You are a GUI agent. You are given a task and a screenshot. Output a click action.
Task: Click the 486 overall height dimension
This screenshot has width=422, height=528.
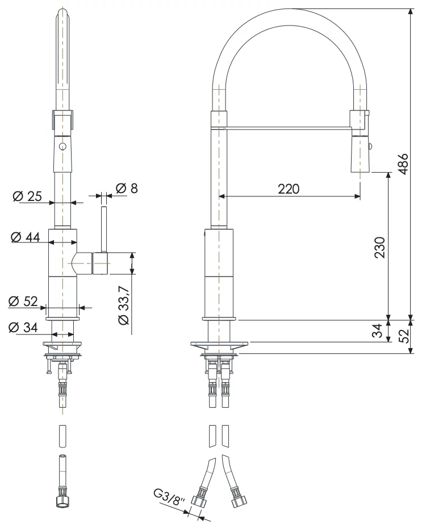403,164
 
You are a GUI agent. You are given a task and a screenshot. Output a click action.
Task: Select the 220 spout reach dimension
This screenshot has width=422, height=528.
289,189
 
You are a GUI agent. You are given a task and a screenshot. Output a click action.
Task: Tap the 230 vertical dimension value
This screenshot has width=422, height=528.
379,248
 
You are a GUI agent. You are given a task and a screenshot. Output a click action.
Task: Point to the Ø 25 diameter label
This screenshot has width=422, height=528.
27,196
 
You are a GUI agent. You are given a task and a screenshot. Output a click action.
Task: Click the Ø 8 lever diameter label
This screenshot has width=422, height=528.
127,188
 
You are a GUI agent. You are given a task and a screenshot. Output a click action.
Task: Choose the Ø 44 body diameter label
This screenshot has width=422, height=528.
25,237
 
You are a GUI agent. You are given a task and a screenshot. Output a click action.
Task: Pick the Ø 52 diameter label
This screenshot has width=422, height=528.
23,301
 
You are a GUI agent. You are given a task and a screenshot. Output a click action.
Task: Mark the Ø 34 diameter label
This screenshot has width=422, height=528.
23,328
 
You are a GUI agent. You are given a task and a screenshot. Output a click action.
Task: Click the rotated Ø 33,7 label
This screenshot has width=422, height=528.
124,305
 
